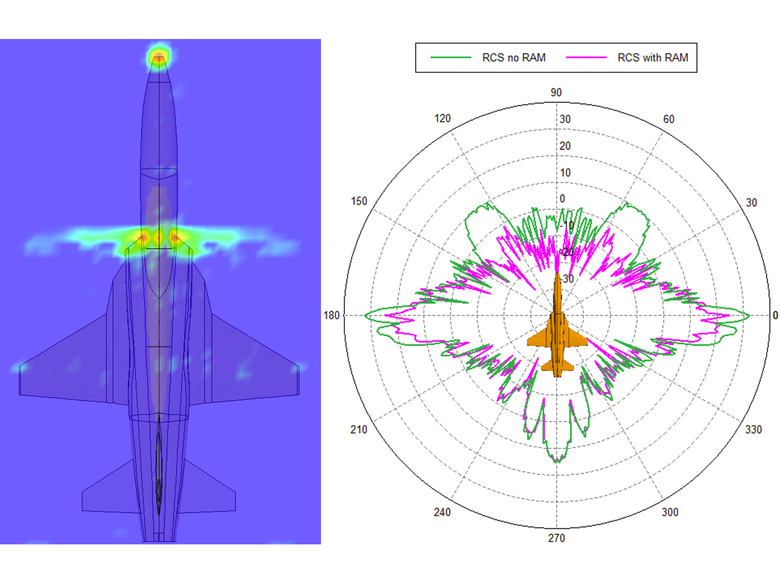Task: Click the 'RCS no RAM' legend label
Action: coord(514,57)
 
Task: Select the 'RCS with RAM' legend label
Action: coord(653,57)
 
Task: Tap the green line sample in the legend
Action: coord(451,57)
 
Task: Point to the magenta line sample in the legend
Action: coord(586,57)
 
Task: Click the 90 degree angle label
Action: coord(556,92)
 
